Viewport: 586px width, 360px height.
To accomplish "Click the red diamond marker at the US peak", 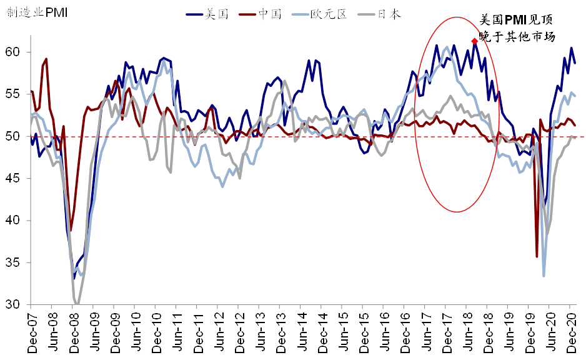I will [x=475, y=41].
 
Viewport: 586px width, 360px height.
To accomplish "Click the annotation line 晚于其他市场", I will [x=517, y=37].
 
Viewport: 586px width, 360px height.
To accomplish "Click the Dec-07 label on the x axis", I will [x=32, y=331].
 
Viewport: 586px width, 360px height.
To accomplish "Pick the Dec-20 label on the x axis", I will [x=570, y=331].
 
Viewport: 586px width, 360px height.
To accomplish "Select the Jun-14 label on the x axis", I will [x=301, y=331].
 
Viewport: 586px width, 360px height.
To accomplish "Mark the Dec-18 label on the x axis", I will [x=488, y=331].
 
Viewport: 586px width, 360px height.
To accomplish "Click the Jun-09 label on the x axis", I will [x=94, y=331].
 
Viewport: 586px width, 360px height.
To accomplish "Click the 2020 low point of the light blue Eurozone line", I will [x=544, y=276].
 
